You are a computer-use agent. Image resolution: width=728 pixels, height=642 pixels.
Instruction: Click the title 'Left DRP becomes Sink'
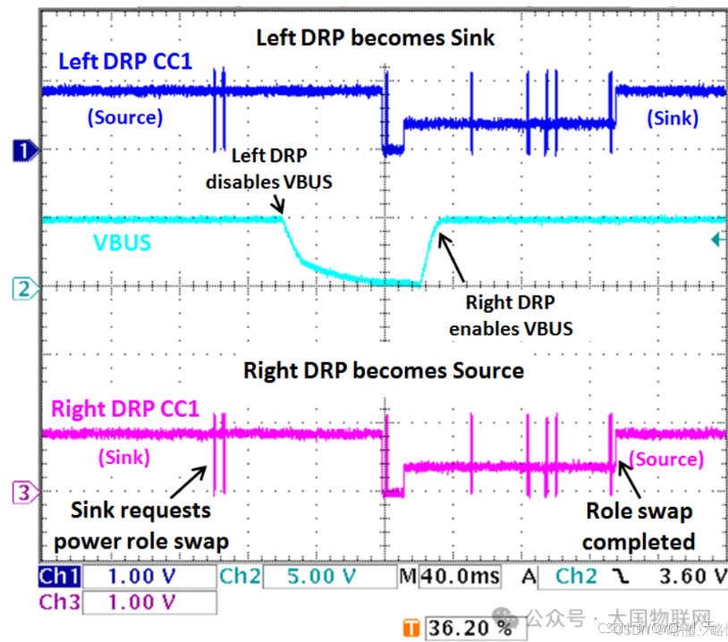tap(375, 38)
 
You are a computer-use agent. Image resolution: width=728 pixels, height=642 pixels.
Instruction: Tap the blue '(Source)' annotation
tap(124, 117)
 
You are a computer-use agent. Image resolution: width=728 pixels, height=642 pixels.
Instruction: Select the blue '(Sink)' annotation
tap(673, 117)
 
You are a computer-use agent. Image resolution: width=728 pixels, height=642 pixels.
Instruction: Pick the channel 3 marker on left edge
tap(24, 492)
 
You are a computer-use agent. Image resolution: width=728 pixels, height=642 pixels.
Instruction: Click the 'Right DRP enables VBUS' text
tap(511, 316)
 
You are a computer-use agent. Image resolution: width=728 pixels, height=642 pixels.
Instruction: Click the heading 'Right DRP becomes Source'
tap(384, 370)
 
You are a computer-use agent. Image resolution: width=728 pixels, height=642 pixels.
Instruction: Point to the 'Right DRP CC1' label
tap(124, 410)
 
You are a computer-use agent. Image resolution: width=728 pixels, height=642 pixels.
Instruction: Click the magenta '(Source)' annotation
tap(666, 459)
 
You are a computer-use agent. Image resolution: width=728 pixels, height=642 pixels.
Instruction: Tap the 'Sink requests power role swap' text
tap(140, 526)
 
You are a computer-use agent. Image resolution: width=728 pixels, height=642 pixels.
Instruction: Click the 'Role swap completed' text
tap(639, 527)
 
